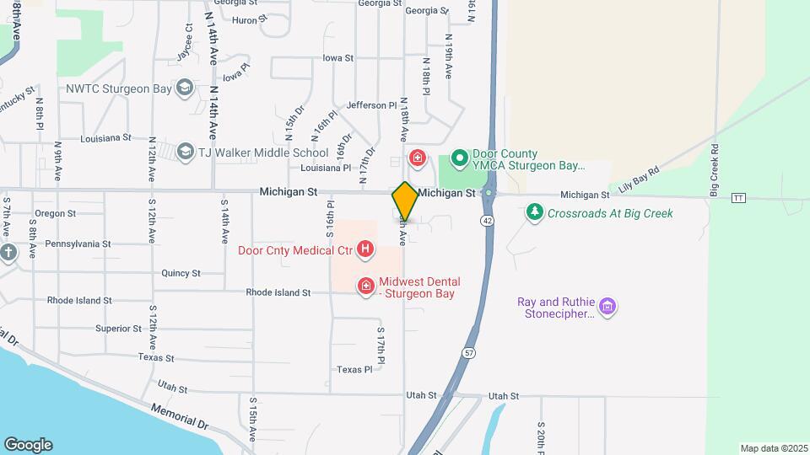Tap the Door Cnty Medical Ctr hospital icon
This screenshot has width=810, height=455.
(x=365, y=249)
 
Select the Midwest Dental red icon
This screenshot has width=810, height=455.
(x=366, y=286)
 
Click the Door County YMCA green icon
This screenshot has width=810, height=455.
(x=460, y=158)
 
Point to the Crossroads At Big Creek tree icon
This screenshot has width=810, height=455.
(x=533, y=211)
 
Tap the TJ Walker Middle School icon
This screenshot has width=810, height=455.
(x=185, y=152)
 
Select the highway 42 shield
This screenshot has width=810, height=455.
(x=489, y=220)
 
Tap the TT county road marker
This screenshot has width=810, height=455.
(x=739, y=198)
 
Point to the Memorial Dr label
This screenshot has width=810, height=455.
(x=179, y=420)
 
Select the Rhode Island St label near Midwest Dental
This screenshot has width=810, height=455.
(x=278, y=292)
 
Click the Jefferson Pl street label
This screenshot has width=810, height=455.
(x=371, y=105)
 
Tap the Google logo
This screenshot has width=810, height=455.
(x=28, y=445)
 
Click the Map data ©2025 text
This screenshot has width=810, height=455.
(x=773, y=448)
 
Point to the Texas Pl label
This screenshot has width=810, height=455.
(x=354, y=370)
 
